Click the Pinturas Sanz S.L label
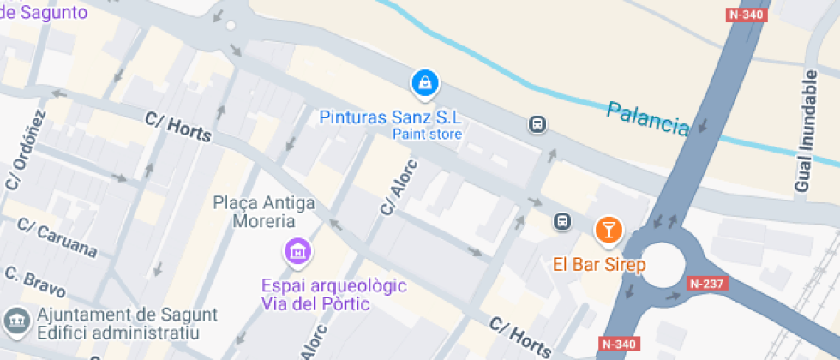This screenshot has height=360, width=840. (390, 117)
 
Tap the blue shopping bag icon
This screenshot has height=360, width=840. (425, 83)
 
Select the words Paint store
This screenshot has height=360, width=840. (427, 134)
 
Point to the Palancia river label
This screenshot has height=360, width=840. (647, 119)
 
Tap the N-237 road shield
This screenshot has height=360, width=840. (707, 284)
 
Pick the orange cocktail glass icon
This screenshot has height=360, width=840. (609, 229)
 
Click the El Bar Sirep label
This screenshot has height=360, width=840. (599, 265)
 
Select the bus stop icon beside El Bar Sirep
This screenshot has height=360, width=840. (562, 221)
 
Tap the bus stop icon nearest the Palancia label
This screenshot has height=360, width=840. (537, 125)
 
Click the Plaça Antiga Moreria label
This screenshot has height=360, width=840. (263, 212)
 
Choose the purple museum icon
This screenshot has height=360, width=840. (297, 252)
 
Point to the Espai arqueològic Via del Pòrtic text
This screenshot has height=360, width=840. (315, 294)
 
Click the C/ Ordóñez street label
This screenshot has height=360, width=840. (26, 150)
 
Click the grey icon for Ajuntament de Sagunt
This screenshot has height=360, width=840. (15, 321)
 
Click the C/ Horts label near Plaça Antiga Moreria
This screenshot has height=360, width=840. (178, 128)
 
